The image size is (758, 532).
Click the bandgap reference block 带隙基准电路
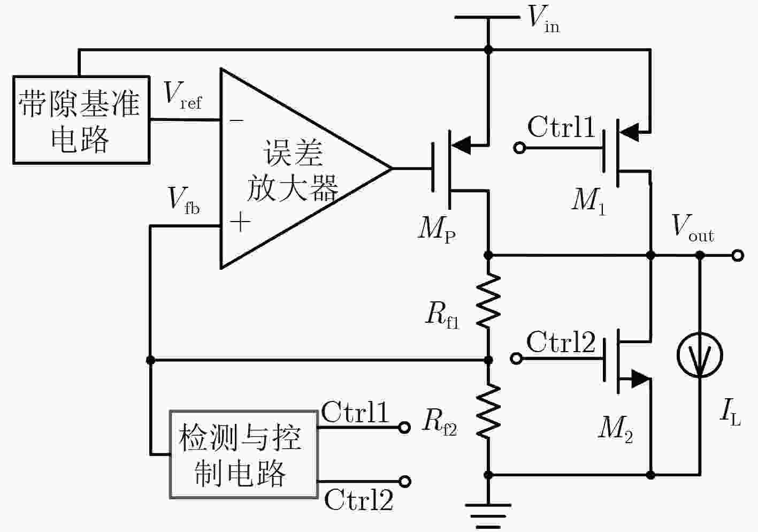point(81,120)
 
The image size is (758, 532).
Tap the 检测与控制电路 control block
point(243,454)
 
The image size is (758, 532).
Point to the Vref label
point(183,95)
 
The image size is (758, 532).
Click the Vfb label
point(184,201)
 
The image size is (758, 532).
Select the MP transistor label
point(437,230)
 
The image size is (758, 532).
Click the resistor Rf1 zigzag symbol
point(488,301)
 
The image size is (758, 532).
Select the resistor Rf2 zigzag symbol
point(488,411)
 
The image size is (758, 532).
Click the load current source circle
point(700,355)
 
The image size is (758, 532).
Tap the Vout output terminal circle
point(738,255)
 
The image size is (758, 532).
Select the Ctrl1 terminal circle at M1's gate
point(519,148)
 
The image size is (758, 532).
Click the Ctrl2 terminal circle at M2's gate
point(516,358)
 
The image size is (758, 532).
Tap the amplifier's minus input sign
point(236,120)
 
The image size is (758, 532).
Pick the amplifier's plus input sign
point(240,222)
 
